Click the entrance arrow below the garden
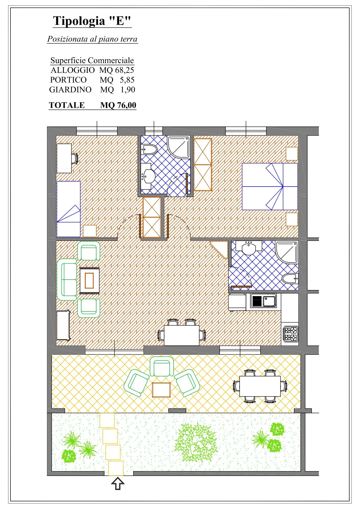[118, 484]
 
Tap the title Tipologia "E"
[92, 21]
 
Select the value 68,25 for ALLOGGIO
[124, 70]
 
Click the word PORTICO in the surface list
[68, 80]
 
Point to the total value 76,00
[126, 105]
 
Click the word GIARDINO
[70, 90]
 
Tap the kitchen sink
[263, 300]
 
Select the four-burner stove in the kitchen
[291, 334]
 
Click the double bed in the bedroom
[270, 186]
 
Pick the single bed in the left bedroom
[68, 209]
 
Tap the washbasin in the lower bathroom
[249, 248]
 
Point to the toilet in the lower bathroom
[290, 279]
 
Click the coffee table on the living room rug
[89, 280]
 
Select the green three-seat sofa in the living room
[67, 280]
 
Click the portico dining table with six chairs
[260, 386]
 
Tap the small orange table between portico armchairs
[161, 390]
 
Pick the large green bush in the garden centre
[196, 442]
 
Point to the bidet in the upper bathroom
[149, 150]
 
